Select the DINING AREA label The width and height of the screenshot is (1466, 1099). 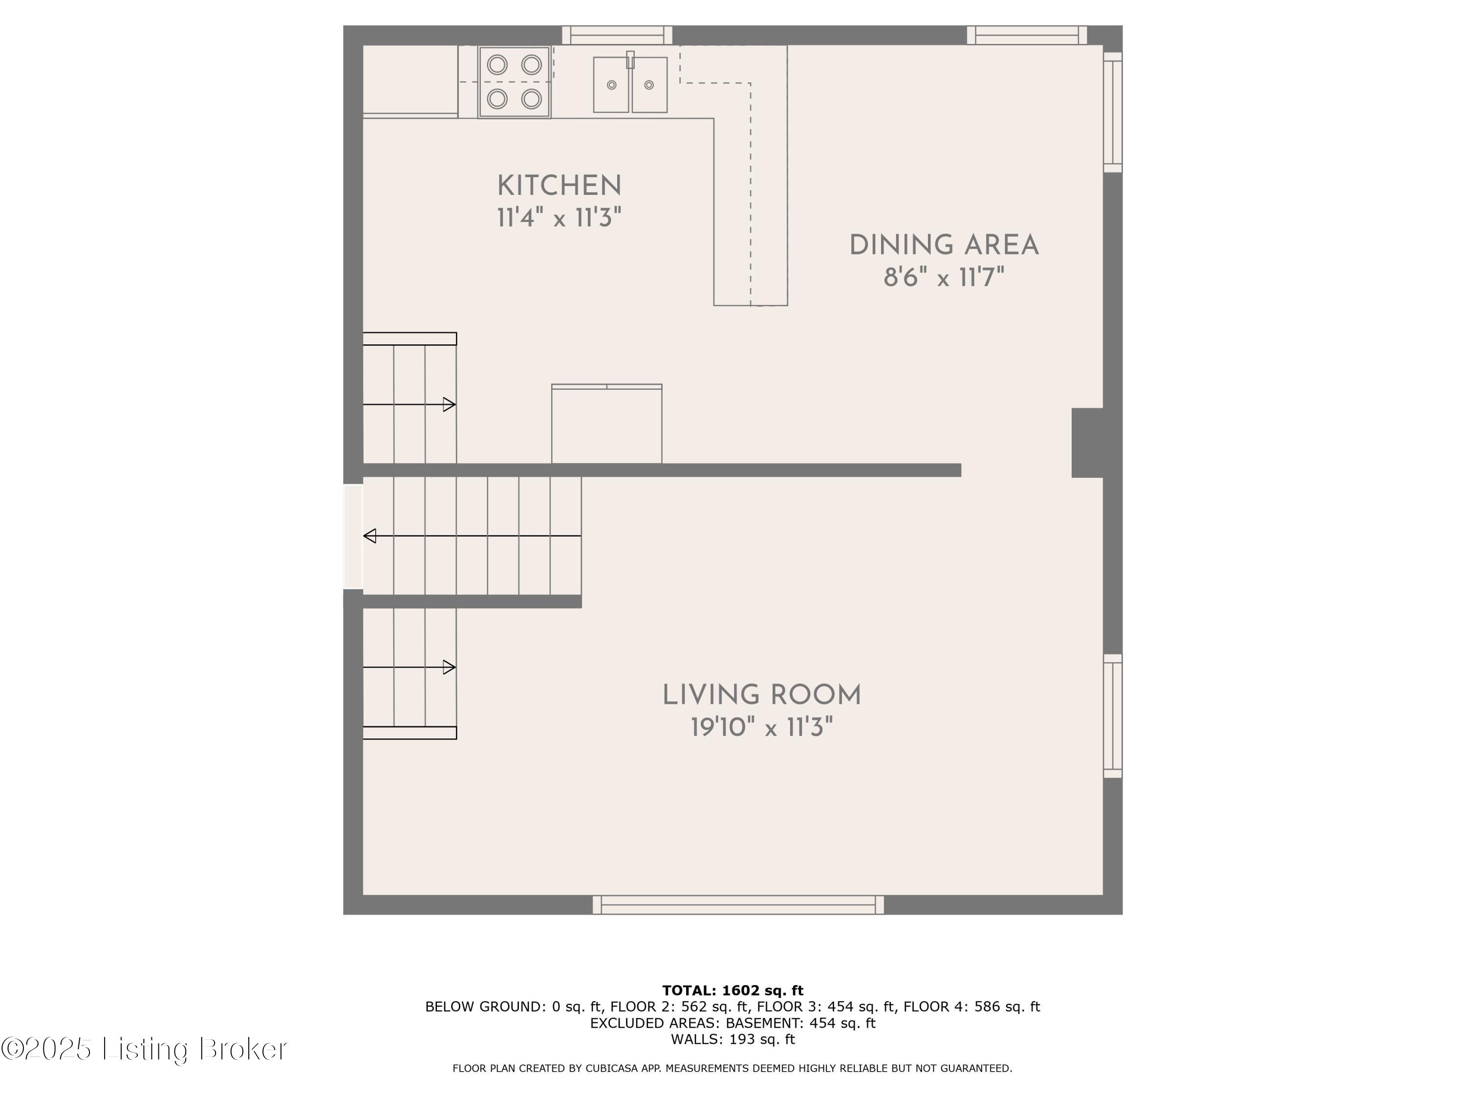coord(944,246)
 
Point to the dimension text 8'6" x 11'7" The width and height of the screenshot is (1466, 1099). coord(944,277)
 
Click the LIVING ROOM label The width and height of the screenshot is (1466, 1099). coord(761,696)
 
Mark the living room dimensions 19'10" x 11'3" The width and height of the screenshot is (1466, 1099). coord(761,728)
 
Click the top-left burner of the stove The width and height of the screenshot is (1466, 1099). coord(497,65)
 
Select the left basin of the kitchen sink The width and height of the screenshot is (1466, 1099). coord(611,85)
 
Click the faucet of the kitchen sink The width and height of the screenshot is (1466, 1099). coord(630,60)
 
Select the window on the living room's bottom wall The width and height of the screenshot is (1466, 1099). coord(737,905)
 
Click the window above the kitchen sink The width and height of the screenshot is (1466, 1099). coord(617,35)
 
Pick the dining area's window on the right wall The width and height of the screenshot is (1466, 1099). coord(1113,113)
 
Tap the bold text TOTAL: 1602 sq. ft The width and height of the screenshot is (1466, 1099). coord(733,991)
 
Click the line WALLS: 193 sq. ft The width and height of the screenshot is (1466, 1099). coord(733,1039)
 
